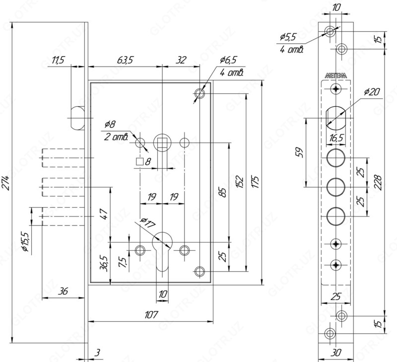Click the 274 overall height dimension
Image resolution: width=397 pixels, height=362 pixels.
[6, 183]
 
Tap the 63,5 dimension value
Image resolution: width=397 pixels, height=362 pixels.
[125, 60]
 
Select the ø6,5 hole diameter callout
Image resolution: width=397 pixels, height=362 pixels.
[228, 60]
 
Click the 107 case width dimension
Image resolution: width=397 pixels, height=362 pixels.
[151, 314]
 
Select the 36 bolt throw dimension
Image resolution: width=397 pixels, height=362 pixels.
[63, 291]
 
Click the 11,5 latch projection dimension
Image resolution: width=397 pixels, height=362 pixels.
[59, 60]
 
